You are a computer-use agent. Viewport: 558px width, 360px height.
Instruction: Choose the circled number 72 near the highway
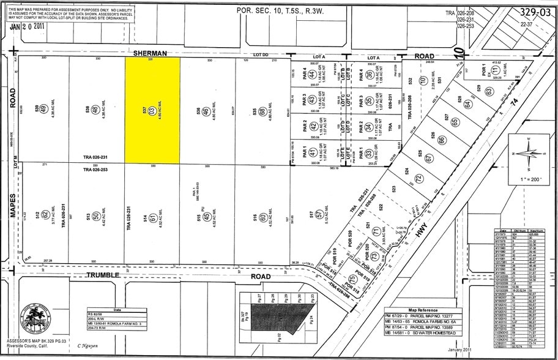tap(419, 178)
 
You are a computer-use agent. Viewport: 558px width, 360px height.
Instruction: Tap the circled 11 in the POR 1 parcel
tap(494, 71)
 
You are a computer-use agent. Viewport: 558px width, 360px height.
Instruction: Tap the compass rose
tap(528, 153)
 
